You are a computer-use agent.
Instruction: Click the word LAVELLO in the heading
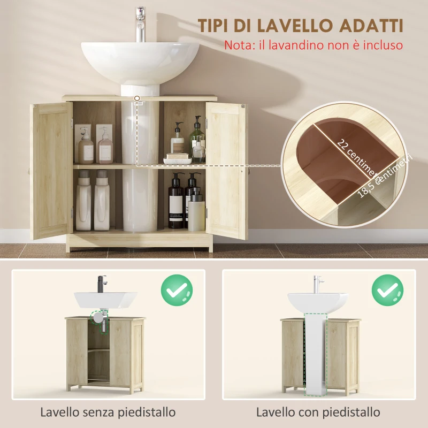(291, 25)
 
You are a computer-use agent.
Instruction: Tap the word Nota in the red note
(236, 45)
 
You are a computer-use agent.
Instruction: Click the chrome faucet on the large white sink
(141, 24)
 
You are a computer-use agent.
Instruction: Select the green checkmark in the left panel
(177, 291)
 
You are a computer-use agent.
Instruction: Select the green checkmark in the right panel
(388, 291)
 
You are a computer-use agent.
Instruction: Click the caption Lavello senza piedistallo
(108, 412)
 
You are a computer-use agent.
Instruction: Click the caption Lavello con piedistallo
(318, 412)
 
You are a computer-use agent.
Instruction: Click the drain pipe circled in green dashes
(97, 318)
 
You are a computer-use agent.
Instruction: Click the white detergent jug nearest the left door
(84, 200)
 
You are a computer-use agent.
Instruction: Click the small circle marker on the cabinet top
(138, 98)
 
